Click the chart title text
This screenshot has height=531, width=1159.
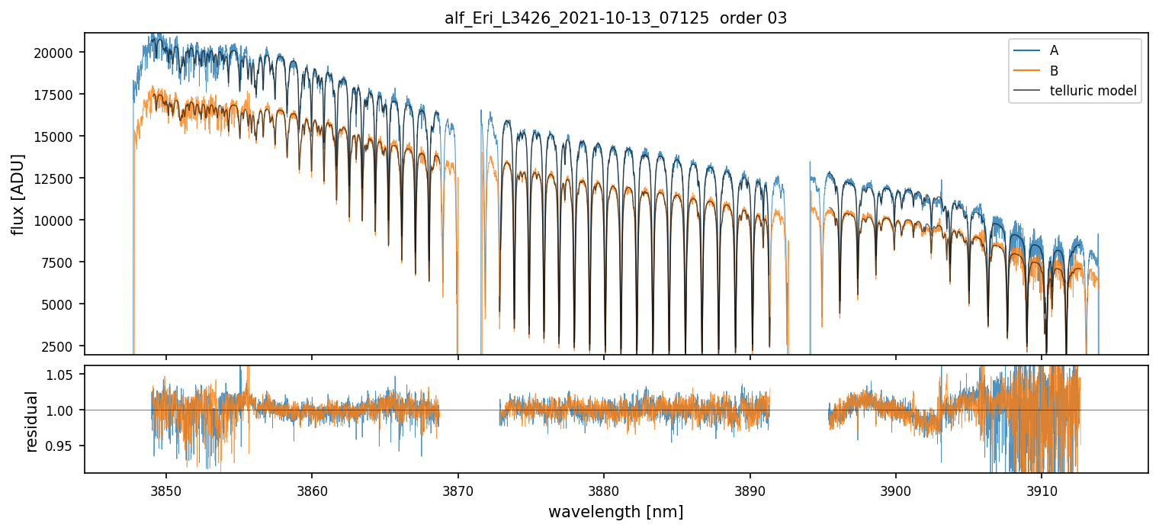615,18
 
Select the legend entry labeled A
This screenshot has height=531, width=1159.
1054,50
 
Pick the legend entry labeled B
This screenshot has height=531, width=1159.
1054,71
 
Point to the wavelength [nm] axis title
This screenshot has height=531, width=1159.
615,512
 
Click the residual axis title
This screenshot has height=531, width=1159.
32,421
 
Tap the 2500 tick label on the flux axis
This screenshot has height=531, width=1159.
59,346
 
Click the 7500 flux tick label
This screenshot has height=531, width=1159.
59,262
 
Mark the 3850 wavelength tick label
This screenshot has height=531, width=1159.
166,489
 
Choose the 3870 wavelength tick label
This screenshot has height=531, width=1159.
457,489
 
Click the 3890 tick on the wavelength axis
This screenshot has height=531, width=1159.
750,489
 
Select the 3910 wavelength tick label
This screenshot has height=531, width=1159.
1042,489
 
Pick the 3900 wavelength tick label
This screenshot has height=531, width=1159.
895,489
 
